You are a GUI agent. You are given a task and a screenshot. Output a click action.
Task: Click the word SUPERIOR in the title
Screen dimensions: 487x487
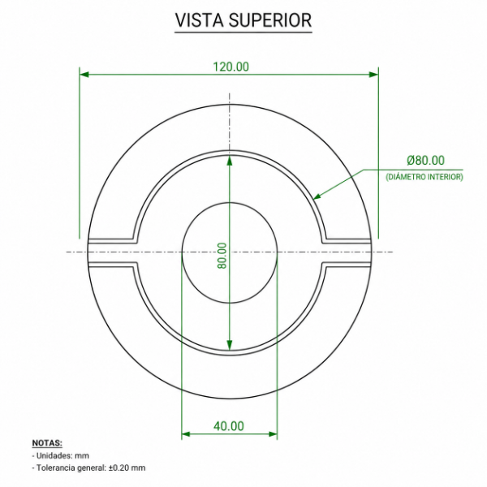click(x=270, y=20)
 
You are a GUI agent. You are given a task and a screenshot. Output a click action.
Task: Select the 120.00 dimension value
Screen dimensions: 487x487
click(x=231, y=67)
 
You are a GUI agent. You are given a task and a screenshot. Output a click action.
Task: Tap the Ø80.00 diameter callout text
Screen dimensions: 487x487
click(x=425, y=160)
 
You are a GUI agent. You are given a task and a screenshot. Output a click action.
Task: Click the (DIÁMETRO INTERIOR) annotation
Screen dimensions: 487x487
click(x=425, y=177)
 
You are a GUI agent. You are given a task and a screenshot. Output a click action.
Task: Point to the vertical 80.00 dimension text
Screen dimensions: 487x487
click(x=222, y=256)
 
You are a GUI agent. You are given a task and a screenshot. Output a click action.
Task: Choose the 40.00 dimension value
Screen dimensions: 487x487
click(x=229, y=426)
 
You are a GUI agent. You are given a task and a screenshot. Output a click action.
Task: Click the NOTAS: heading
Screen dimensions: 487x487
click(x=47, y=443)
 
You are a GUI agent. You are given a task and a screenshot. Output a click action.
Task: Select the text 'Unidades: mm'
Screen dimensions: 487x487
click(x=62, y=455)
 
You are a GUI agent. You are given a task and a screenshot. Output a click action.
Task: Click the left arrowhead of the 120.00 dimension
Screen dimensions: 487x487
click(x=84, y=75)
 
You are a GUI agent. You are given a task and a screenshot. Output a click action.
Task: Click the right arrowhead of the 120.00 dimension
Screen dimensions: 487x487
click(x=373, y=75)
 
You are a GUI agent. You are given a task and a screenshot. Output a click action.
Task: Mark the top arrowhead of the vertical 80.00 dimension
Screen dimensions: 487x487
click(x=229, y=160)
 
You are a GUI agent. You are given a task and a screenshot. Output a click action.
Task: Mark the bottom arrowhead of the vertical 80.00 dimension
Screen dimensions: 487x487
click(x=229, y=345)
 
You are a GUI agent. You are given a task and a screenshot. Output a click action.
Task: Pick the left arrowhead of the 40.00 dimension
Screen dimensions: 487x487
click(x=186, y=434)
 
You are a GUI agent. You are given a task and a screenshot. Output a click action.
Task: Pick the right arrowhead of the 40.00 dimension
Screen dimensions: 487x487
click(x=273, y=434)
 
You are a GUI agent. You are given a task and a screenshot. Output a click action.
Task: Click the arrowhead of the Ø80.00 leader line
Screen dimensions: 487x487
click(x=317, y=196)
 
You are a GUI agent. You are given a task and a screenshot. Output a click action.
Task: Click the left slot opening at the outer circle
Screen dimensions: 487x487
click(x=88, y=252)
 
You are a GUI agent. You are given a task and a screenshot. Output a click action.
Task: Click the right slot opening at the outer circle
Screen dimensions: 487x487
click(x=371, y=252)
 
